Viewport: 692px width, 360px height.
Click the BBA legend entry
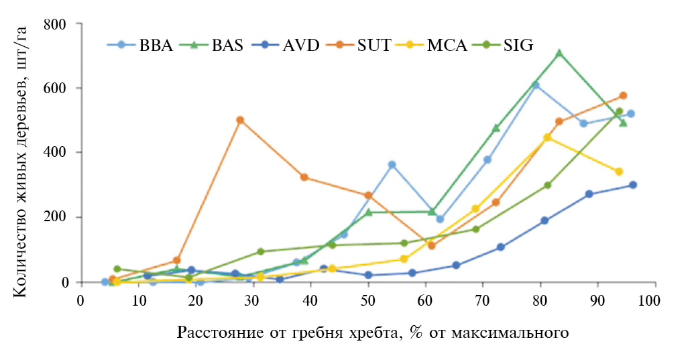(x=141, y=46)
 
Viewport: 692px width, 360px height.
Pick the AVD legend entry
(x=290, y=46)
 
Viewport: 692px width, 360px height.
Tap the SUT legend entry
(x=366, y=46)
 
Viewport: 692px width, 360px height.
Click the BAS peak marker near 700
(x=559, y=53)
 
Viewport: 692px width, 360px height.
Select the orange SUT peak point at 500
(x=239, y=120)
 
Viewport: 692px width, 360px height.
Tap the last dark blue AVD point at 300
(x=632, y=185)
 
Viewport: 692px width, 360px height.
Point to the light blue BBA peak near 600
(x=536, y=85)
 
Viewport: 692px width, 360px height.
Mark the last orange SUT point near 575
(x=623, y=96)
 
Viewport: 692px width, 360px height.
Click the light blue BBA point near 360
(x=392, y=164)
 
